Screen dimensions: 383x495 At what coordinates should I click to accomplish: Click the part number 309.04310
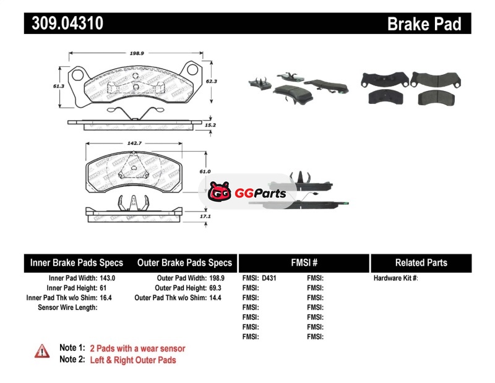[64, 24]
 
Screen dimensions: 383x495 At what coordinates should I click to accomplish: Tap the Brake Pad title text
[424, 24]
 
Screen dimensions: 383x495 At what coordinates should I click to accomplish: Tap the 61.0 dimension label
[205, 171]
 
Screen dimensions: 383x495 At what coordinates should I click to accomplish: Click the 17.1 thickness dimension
[205, 217]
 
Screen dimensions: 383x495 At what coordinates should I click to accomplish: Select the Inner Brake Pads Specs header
[77, 263]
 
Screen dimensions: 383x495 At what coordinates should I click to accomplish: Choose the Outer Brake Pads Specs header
[184, 263]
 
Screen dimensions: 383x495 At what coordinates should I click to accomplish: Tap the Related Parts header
[421, 263]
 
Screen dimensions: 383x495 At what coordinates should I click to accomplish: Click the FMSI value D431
[269, 278]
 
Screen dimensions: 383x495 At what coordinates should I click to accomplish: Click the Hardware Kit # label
[395, 278]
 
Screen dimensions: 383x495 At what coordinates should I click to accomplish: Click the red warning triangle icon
[42, 351]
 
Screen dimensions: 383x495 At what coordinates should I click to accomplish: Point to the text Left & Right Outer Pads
[133, 360]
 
